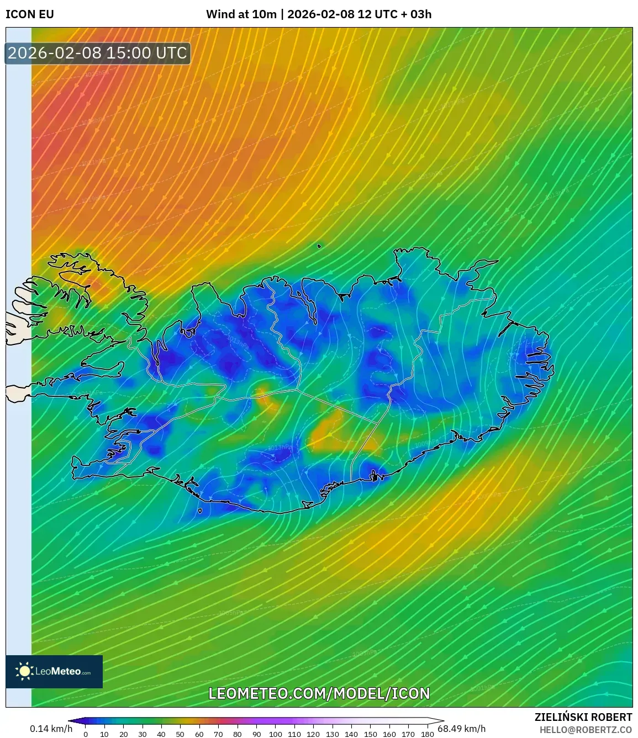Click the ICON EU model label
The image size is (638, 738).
point(30,14)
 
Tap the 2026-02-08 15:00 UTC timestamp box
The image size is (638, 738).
point(98,53)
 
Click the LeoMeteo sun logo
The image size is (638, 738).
point(25,671)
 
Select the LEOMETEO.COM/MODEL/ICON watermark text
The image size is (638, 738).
point(319,693)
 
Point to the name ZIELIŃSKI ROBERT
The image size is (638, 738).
point(583,717)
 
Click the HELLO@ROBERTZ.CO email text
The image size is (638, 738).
point(586,730)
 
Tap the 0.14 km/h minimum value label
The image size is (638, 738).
point(51,729)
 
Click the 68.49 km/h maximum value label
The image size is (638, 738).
point(462,729)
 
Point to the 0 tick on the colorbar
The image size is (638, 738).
point(86,734)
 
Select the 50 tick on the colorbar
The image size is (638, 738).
point(180,734)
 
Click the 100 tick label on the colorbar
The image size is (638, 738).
point(275,734)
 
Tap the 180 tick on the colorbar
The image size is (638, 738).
point(427,734)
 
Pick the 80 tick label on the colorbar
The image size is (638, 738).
point(238,734)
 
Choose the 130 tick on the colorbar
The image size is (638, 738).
point(332,734)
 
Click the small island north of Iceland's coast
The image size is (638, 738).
point(319,246)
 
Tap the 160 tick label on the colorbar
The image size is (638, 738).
point(389,734)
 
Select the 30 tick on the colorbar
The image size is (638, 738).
point(143,734)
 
